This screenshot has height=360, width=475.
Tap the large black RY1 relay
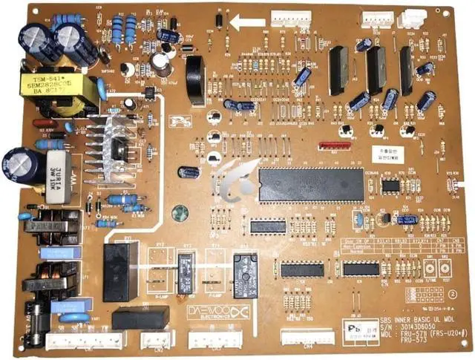point(120,271)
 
